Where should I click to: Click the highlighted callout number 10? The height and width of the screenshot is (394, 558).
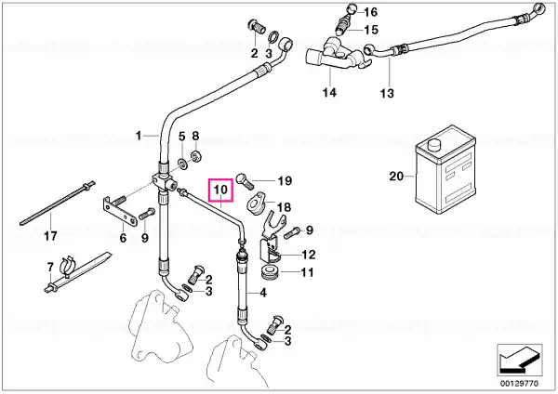[220, 190]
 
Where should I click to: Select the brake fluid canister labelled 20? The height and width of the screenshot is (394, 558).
[445, 169]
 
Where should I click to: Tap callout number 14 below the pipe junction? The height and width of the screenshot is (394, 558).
[329, 92]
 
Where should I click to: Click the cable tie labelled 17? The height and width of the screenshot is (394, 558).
[58, 204]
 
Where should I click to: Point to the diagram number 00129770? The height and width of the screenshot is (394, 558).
[520, 384]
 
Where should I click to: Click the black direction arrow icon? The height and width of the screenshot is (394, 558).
[520, 360]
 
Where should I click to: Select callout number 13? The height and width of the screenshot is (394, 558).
[387, 94]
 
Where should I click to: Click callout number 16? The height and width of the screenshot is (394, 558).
[370, 12]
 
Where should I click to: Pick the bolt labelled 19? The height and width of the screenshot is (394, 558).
[244, 180]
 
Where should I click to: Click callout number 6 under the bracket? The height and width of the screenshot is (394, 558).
[123, 238]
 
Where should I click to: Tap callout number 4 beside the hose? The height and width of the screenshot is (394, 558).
[262, 293]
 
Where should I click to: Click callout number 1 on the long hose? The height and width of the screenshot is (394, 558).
[139, 136]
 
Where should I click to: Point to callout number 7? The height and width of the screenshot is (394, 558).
[50, 267]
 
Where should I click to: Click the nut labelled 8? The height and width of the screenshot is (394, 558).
[195, 156]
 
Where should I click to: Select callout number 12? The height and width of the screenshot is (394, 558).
[309, 255]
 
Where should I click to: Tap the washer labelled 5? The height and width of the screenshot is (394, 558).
[182, 164]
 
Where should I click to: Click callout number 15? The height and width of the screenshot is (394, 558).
[371, 30]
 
